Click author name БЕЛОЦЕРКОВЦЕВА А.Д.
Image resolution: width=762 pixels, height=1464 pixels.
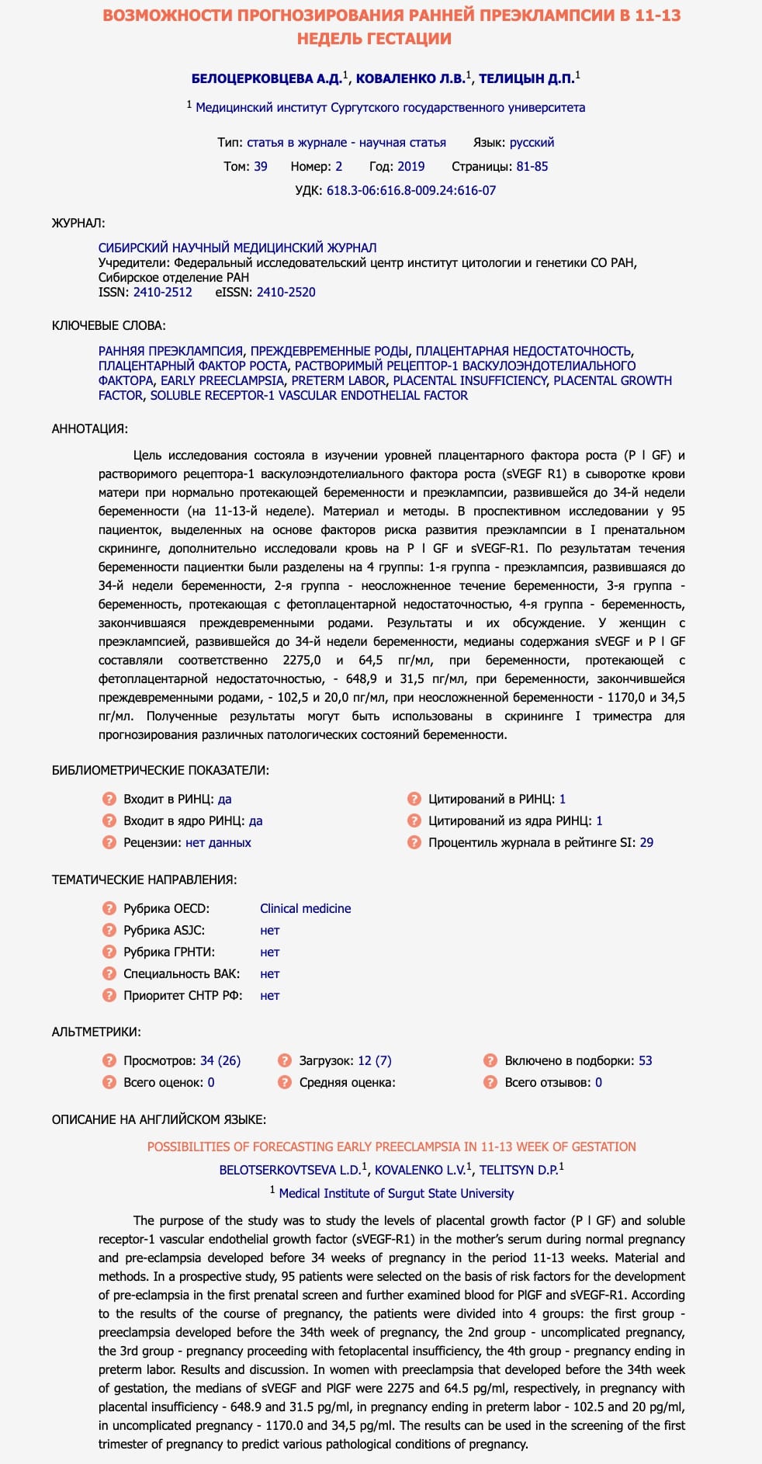point(266,79)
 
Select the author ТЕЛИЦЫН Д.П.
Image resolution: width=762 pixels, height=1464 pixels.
point(526,79)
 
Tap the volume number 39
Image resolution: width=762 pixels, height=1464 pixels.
point(261,166)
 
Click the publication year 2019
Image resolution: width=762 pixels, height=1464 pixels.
point(410,166)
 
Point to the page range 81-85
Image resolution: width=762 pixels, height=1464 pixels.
point(532,166)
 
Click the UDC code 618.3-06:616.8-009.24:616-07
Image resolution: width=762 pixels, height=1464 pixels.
point(410,190)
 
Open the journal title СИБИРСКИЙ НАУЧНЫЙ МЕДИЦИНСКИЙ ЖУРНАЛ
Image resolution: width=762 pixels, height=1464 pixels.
point(237,248)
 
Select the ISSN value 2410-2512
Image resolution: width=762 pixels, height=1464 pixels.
point(162,292)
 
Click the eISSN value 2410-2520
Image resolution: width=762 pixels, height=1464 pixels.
point(286,292)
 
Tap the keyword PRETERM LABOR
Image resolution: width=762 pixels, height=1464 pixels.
point(338,380)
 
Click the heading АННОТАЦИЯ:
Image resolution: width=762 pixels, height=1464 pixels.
point(90,428)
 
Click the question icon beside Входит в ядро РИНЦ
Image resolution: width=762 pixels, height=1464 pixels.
point(109,820)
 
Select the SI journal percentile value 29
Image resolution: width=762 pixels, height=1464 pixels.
point(646,842)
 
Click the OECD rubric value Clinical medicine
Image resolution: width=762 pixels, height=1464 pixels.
point(305,908)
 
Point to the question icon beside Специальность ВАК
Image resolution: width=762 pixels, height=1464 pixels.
point(109,973)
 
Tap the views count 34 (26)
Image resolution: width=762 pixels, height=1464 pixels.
point(220,1060)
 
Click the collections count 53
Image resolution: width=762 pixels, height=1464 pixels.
point(646,1060)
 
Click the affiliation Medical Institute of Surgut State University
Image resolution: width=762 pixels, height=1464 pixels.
point(396,1193)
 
